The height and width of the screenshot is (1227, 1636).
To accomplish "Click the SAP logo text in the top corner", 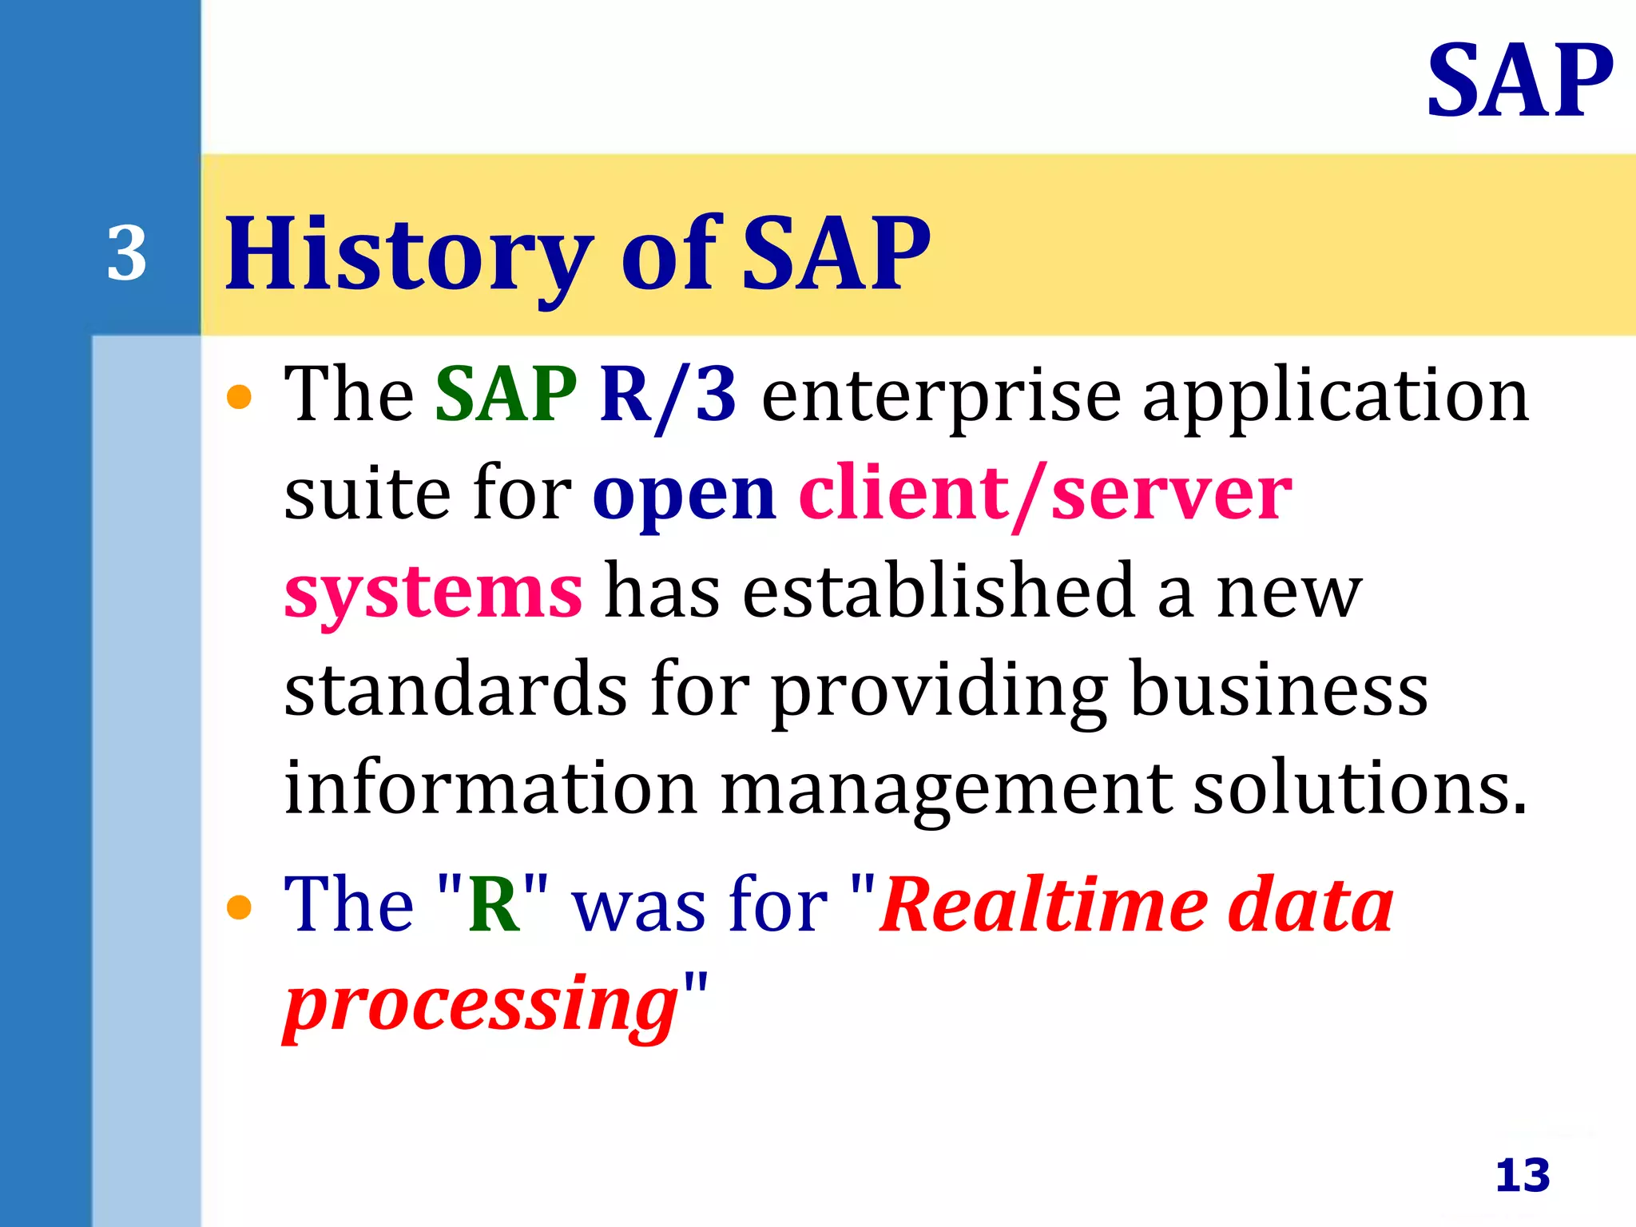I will (1519, 81).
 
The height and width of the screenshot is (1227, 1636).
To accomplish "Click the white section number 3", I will (127, 254).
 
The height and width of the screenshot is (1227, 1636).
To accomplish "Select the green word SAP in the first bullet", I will (506, 394).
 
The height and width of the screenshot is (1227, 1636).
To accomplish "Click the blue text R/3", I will (668, 395).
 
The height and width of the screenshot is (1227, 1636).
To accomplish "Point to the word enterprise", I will (942, 397).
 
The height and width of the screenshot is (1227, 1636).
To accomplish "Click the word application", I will (1335, 397).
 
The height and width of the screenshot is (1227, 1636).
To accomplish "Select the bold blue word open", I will (684, 496).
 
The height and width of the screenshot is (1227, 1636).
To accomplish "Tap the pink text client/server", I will (1045, 494).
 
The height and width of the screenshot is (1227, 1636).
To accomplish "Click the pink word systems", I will (433, 594).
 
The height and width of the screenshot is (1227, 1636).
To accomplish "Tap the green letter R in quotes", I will (494, 904).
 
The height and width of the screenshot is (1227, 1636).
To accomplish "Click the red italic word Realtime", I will (1043, 904).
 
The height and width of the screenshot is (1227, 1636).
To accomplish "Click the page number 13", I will (1523, 1175).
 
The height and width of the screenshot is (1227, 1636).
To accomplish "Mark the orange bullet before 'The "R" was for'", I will (239, 907).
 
